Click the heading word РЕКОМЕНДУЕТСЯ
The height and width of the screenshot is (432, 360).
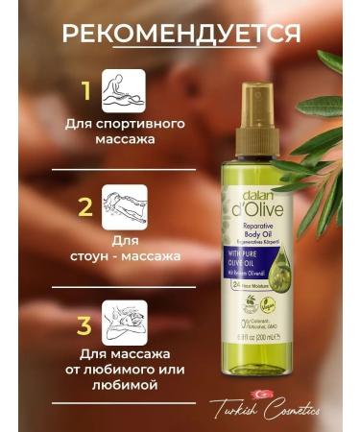click(180, 36)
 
